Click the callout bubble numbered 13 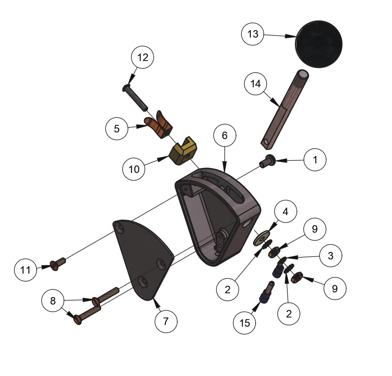[x=253, y=34]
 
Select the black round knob [x=319, y=43]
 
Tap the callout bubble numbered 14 [x=255, y=84]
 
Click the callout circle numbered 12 [x=143, y=58]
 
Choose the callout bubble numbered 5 [x=117, y=129]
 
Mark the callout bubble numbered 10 [x=134, y=169]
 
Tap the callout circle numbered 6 [x=225, y=136]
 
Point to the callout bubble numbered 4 [x=285, y=212]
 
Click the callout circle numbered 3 [x=331, y=256]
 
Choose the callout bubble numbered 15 [x=245, y=323]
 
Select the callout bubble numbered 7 [x=166, y=321]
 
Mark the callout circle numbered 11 [x=26, y=270]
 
